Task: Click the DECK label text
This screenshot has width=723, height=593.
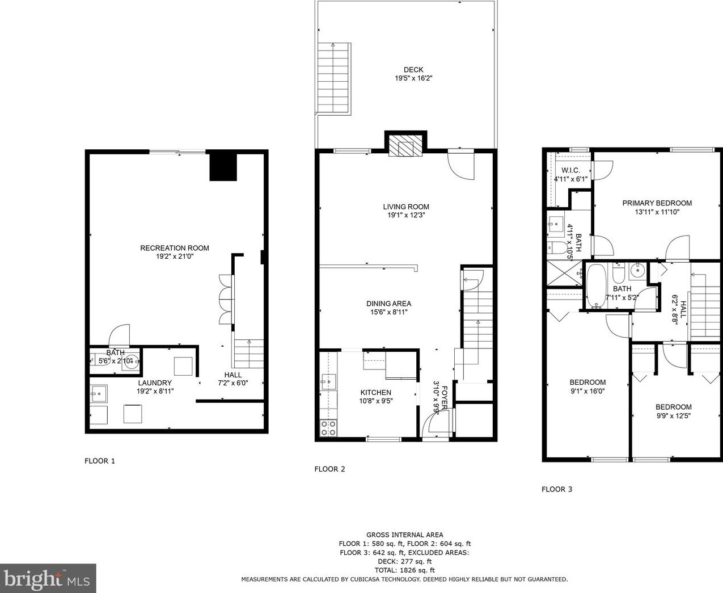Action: click(x=413, y=70)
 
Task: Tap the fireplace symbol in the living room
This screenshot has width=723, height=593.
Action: click(x=405, y=148)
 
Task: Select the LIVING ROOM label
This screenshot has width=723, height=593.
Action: click(x=405, y=207)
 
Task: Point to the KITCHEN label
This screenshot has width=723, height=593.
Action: click(x=375, y=392)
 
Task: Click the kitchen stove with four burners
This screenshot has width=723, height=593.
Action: click(x=328, y=428)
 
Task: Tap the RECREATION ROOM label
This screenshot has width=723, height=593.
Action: click(x=174, y=248)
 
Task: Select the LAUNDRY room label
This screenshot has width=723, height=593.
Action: click(x=154, y=383)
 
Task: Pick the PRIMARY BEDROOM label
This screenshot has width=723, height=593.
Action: click(x=657, y=203)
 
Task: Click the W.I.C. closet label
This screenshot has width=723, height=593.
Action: click(x=570, y=170)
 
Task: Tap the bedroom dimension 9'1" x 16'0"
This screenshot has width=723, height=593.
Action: click(x=587, y=391)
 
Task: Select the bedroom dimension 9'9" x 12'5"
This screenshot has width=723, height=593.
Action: click(x=673, y=415)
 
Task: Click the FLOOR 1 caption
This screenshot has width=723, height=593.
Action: click(x=100, y=461)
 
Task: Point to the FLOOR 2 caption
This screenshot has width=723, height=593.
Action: click(x=329, y=469)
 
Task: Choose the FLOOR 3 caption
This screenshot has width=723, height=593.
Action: click(x=557, y=489)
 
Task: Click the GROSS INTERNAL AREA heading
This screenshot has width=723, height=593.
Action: click(x=404, y=535)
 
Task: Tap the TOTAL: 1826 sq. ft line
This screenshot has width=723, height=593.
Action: click(x=404, y=570)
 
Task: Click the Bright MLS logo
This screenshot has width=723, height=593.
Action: click(x=48, y=578)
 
